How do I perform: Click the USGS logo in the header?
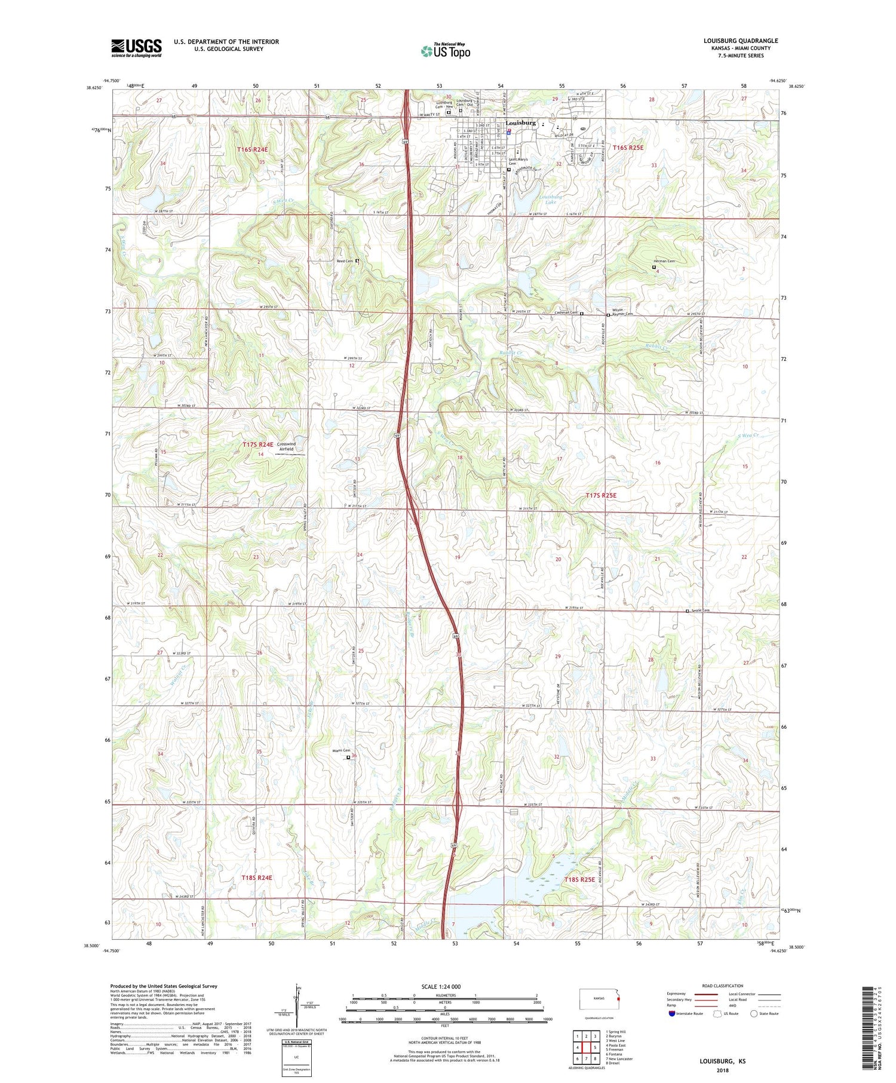pyautogui.click(x=136, y=48)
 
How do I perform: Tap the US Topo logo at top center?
pyautogui.click(x=445, y=51)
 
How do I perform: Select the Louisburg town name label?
pyautogui.click(x=520, y=122)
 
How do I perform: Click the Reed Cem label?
pyautogui.click(x=345, y=261)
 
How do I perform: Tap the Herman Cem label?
pyautogui.click(x=663, y=261)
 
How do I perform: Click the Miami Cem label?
pyautogui.click(x=340, y=751)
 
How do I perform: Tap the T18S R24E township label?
pyautogui.click(x=257, y=878)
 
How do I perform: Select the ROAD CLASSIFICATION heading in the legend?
pyautogui.click(x=723, y=986)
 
